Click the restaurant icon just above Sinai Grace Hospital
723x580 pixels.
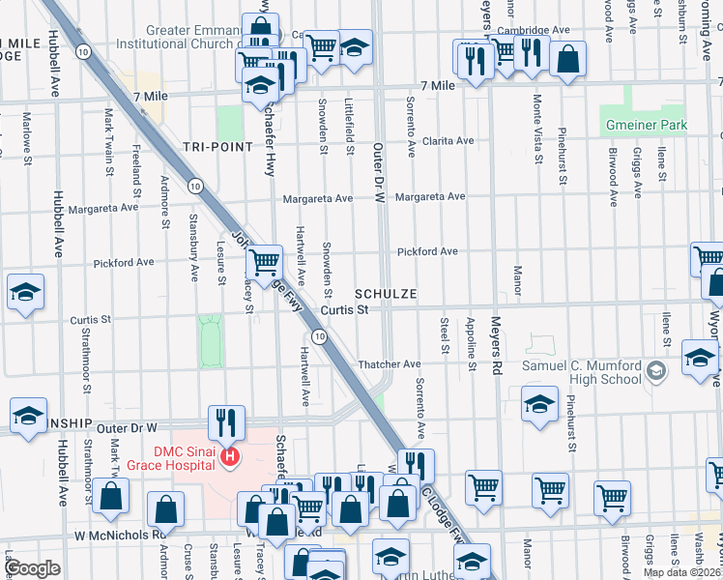(x=223, y=421)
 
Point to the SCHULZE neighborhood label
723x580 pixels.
(x=386, y=293)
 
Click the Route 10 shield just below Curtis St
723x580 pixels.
(x=319, y=335)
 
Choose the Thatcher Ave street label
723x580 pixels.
(x=390, y=363)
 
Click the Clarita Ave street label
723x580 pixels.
(x=447, y=140)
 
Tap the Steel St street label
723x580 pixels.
(x=445, y=334)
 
